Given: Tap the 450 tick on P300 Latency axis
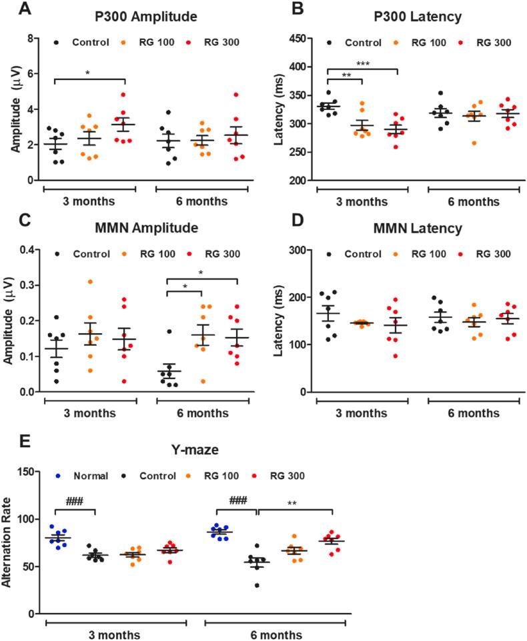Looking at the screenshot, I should pos(298,39).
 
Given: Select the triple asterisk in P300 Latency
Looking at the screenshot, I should pos(362,65).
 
